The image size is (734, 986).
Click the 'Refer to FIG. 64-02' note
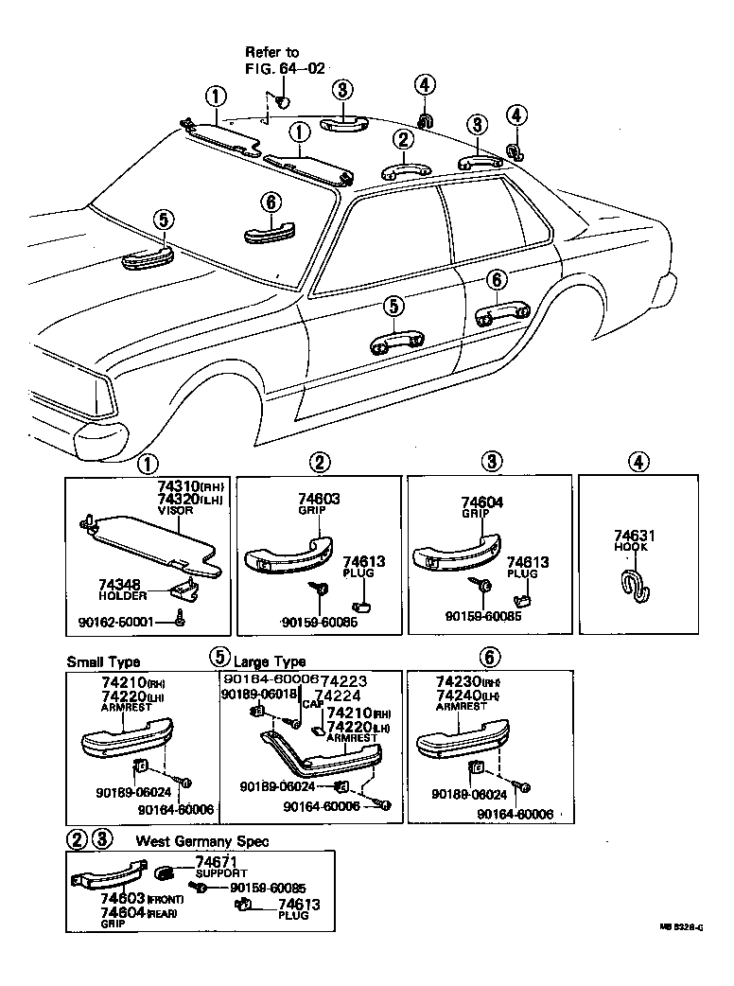271,60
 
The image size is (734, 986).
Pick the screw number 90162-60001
123,622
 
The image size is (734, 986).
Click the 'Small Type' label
103,662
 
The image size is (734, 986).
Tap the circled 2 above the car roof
404,140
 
